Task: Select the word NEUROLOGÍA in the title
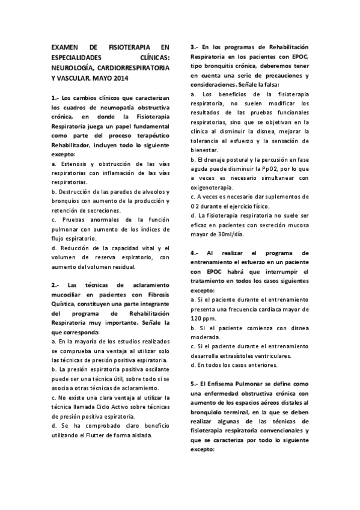[74, 68]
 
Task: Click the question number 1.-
[55, 97]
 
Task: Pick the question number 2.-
[55, 284]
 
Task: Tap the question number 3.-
[195, 47]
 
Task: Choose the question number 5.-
[195, 384]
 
